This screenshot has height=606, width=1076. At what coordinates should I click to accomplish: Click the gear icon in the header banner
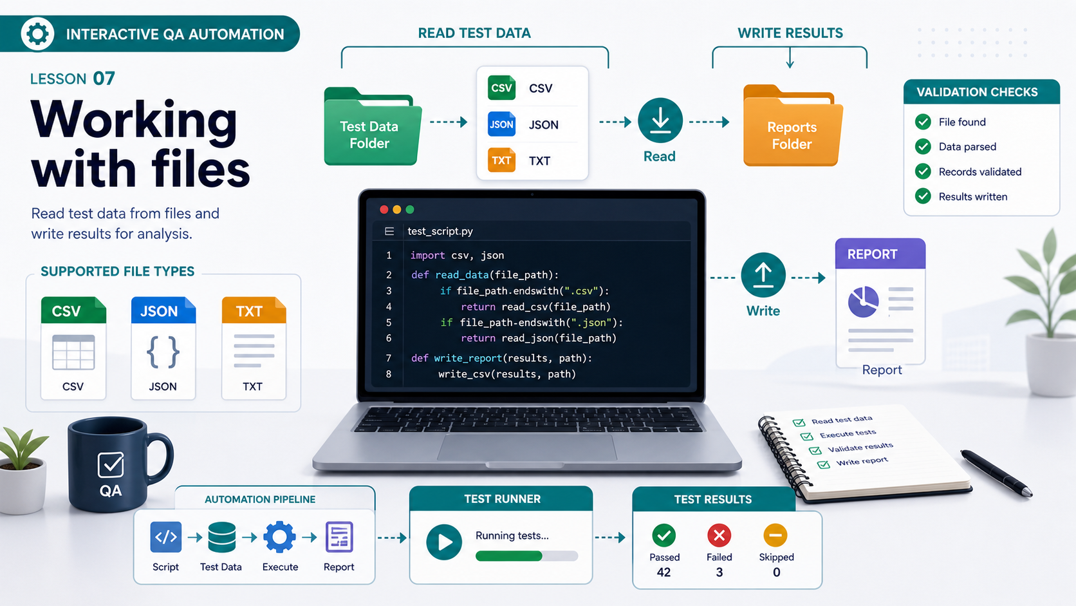(x=37, y=33)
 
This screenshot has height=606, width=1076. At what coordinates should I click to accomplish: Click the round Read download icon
(x=660, y=120)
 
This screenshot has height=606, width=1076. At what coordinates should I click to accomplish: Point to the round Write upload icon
(x=763, y=275)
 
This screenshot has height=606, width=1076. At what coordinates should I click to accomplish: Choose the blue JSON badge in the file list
(x=501, y=124)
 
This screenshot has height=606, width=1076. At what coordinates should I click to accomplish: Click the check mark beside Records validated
(x=923, y=171)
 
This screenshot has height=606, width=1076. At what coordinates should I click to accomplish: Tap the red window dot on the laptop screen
(x=384, y=209)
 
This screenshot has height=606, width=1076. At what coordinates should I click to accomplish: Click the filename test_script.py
(x=440, y=231)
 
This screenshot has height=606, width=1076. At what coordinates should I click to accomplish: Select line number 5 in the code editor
(x=389, y=323)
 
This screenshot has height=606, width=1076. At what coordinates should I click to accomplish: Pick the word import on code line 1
(x=427, y=255)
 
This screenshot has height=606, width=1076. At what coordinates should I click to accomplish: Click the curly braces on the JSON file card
(x=163, y=352)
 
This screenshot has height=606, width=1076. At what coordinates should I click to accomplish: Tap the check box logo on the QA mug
(x=111, y=465)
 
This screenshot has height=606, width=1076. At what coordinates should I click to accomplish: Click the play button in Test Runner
(x=444, y=542)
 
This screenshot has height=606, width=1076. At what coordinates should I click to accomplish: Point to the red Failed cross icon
(x=719, y=535)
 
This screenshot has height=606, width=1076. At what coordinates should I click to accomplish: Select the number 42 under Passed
(x=664, y=573)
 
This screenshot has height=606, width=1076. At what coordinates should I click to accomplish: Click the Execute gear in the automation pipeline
(x=279, y=537)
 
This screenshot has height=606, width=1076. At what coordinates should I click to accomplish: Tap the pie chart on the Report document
(x=863, y=302)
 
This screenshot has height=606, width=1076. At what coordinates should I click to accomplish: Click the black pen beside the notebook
(x=996, y=473)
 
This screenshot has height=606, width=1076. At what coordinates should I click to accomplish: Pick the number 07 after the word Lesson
(x=104, y=79)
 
